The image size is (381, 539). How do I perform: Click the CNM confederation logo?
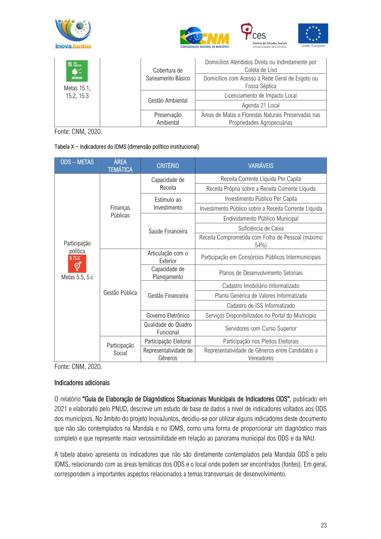click(x=205, y=37)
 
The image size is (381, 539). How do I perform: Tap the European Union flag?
click(x=313, y=34)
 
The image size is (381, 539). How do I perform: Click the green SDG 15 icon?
click(x=77, y=71)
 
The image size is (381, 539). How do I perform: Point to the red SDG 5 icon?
click(x=77, y=264)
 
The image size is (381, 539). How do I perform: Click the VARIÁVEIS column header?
click(x=261, y=166)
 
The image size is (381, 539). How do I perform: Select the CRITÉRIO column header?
click(x=168, y=166)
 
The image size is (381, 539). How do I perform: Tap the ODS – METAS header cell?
click(x=77, y=162)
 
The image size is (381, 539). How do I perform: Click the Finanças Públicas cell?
click(x=120, y=211)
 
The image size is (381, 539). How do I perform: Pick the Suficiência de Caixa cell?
click(x=261, y=228)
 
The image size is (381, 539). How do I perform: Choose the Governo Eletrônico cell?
click(x=168, y=315)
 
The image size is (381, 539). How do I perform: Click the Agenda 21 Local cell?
click(x=261, y=105)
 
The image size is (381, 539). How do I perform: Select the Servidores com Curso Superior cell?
click(x=261, y=328)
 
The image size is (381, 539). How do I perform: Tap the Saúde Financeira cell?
click(x=168, y=231)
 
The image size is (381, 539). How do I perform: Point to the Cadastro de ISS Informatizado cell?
click(x=261, y=306)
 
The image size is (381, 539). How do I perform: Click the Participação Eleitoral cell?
click(x=168, y=341)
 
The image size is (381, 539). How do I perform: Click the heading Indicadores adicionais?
click(x=82, y=383)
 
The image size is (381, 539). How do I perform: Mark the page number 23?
click(x=324, y=525)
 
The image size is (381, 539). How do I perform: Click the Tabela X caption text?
click(x=126, y=147)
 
